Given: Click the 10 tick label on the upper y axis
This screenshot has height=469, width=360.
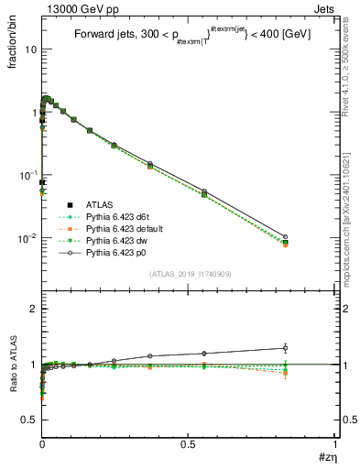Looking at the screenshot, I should (x=29, y=49).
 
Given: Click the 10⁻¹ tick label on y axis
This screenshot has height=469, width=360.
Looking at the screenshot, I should (x=27, y=175).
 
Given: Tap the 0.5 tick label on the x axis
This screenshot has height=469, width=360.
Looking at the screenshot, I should (x=188, y=445).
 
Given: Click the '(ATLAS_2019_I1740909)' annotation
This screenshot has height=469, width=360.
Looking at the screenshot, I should (x=189, y=275).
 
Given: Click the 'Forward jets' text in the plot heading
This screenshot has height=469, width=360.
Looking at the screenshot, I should (x=102, y=34).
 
